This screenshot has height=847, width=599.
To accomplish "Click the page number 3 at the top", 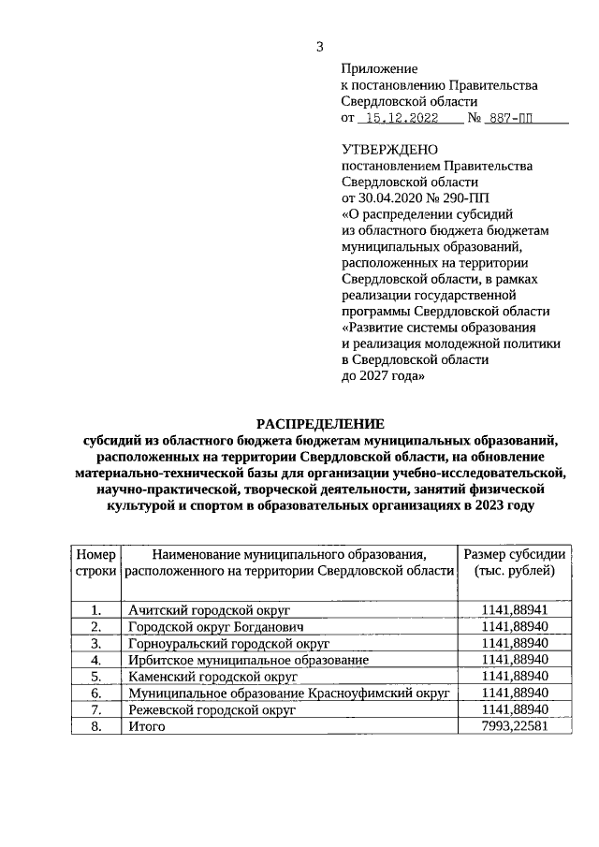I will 320,48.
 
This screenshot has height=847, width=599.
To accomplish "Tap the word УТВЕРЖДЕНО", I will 388,149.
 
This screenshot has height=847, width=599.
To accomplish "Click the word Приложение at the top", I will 379,68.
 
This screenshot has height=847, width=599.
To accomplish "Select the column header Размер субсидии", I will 515,553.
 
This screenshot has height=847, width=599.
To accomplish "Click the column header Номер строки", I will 95,562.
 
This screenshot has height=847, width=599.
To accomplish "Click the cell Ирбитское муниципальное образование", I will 248,659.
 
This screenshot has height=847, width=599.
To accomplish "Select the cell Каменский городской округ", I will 212,676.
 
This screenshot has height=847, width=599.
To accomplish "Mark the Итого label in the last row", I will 147,726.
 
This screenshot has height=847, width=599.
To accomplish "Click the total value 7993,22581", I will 514,726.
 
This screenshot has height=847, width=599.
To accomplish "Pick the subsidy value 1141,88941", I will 514,610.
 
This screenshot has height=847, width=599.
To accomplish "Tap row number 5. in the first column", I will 95,676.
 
